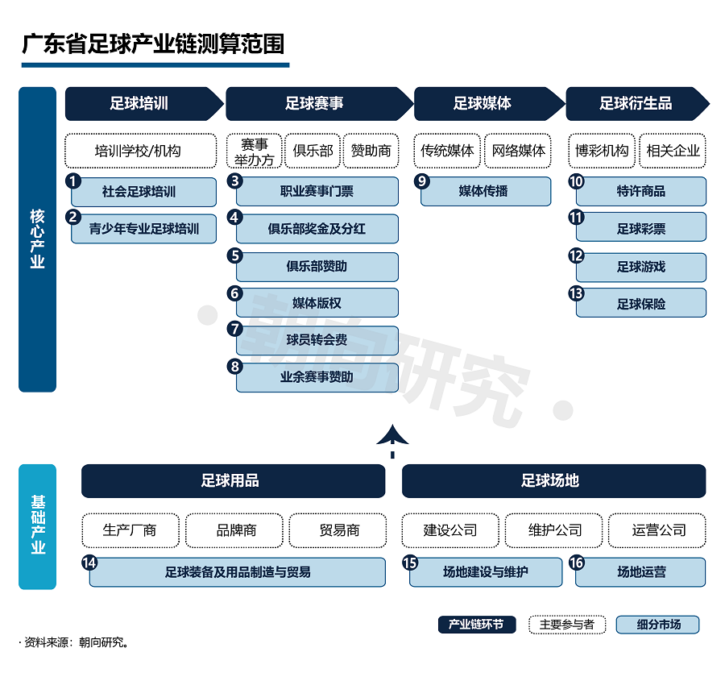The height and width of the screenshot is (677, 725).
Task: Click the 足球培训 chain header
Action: coord(143,104)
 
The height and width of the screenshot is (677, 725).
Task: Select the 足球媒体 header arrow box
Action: coord(489,104)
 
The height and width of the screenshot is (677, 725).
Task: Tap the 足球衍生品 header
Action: coord(637,104)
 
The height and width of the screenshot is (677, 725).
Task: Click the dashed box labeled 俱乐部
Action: coord(313,151)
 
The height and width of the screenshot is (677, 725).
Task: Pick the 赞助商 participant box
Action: coord(371,151)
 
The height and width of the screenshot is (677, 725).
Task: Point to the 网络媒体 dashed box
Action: coord(518,151)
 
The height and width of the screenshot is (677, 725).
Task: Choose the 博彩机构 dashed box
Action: coord(602,151)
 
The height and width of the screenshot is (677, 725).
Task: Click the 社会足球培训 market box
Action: coord(144,192)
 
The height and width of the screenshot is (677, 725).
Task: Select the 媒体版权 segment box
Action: coord(317,303)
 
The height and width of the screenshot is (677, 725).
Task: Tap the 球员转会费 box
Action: coord(317,340)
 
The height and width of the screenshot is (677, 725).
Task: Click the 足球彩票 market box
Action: coord(641,227)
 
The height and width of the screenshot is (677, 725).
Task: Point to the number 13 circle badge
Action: coord(576,293)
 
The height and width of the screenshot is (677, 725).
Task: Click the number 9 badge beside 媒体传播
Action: coord(421,181)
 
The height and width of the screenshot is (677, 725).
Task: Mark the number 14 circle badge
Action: coord(89,563)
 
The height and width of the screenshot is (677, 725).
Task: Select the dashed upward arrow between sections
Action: coord(392,441)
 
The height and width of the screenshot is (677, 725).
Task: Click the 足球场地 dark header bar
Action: coord(554,481)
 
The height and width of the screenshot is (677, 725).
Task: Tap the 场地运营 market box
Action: coord(641,572)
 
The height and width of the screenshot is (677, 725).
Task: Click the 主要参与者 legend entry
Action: coord(567,625)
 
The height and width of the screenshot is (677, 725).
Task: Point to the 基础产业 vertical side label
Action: coord(37,526)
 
